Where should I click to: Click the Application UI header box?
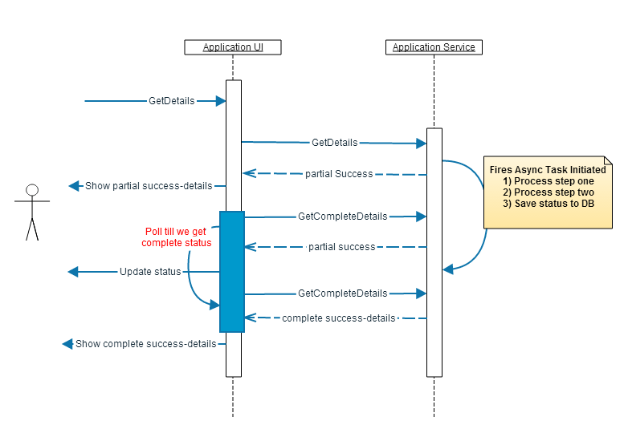click(233, 47)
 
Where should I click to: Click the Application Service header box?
click(434, 47)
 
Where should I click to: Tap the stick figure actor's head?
click(32, 190)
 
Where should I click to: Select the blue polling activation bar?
click(232, 271)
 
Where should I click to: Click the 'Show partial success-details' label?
click(149, 186)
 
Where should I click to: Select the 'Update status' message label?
click(150, 272)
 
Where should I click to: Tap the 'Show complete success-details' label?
click(145, 344)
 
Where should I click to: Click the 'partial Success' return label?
click(339, 173)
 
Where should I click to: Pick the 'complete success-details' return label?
click(339, 318)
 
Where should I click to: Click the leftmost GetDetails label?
click(172, 101)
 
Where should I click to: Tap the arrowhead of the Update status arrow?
click(73, 272)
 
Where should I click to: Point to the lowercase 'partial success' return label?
click(341, 247)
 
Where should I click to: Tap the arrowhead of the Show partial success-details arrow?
click(74, 186)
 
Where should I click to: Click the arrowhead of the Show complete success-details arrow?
click(67, 344)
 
